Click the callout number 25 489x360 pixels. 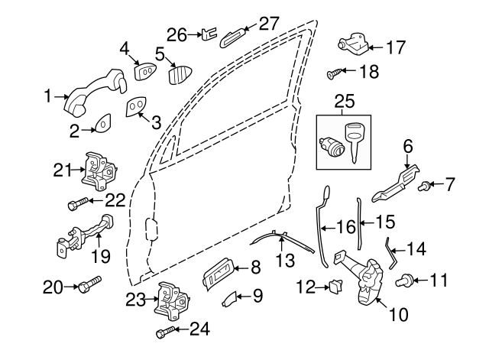[345, 99]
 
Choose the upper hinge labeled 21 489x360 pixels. [97, 173]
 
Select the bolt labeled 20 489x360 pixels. [87, 287]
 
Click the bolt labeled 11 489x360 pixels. [402, 281]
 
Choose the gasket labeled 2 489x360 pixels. [102, 122]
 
